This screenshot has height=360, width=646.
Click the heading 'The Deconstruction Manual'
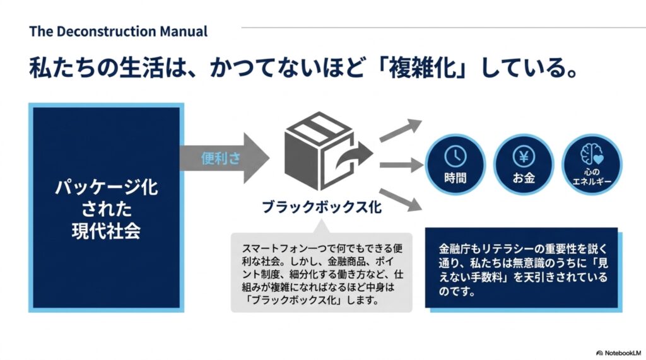[x=118, y=32]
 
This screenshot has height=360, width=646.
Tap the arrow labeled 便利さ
[x=225, y=158]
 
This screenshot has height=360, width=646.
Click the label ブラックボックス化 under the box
[x=322, y=207]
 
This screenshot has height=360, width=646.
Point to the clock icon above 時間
[x=455, y=156]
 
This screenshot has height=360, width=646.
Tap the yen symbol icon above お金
[x=524, y=156]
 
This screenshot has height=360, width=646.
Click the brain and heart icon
[x=592, y=154]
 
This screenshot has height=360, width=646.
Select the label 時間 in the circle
[x=455, y=178]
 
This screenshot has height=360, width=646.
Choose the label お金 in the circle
[x=524, y=178]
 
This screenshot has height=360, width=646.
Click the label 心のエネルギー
[x=592, y=177]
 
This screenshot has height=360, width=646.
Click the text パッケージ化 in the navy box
[x=106, y=187]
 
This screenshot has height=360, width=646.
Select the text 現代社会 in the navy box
[x=106, y=231]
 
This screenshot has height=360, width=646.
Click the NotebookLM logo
[x=618, y=353]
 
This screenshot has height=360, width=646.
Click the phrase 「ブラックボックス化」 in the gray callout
[x=292, y=300]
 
